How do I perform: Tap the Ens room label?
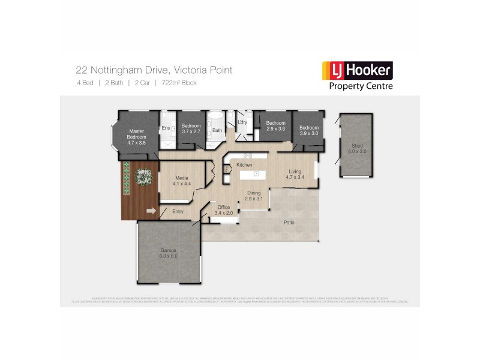click(165, 128)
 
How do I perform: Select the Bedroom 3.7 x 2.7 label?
click(190, 128)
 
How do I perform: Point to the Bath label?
click(217, 130)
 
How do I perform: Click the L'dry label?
click(242, 122)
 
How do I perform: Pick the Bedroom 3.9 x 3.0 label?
click(309, 130)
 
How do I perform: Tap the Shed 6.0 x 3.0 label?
click(356, 148)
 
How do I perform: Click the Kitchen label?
click(244, 164)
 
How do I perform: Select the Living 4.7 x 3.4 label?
click(295, 174)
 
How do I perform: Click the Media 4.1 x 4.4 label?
click(182, 180)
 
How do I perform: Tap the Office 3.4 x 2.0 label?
click(223, 210)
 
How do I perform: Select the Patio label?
click(288, 223)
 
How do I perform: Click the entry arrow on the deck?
click(150, 211)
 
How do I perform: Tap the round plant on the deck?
click(143, 175)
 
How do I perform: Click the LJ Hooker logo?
click(358, 75)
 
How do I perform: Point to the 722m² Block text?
click(178, 83)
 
